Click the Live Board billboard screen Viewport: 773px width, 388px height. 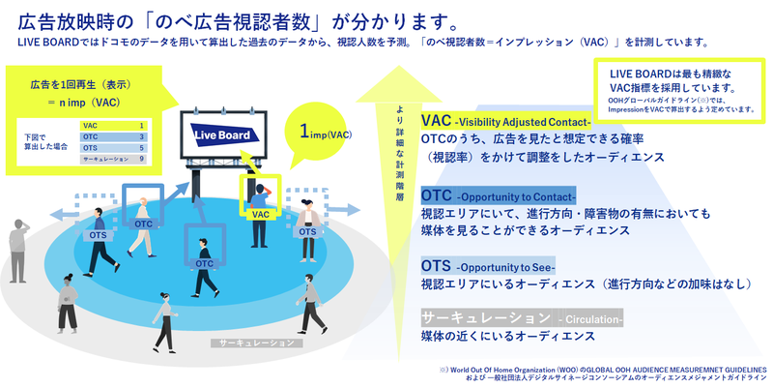221,136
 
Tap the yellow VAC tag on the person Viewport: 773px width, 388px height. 259,214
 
